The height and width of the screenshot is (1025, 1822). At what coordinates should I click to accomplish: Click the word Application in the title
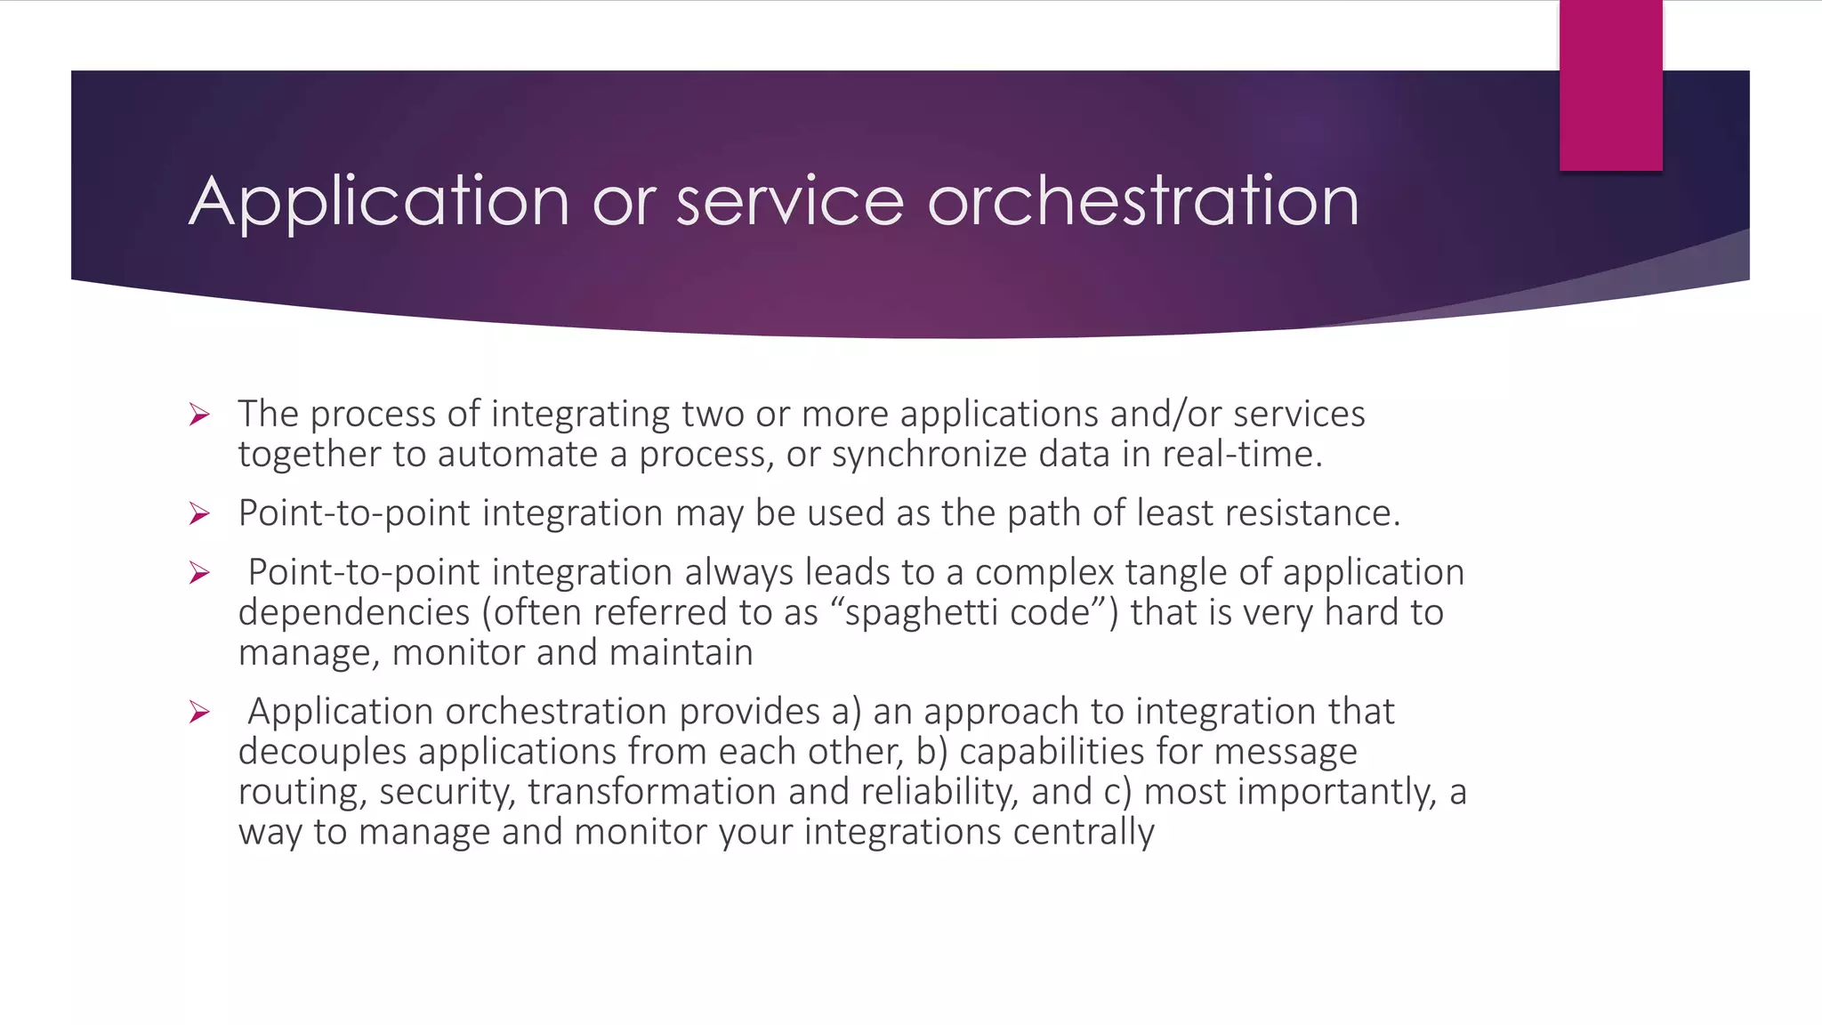[x=379, y=203]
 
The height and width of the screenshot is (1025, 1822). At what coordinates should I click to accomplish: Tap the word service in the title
[x=789, y=201]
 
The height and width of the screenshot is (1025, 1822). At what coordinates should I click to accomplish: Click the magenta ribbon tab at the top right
[x=1610, y=85]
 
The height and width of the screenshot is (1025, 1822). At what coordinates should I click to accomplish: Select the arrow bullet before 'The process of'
[x=199, y=415]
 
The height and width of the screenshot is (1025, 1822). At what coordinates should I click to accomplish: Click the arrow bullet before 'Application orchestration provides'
[x=199, y=712]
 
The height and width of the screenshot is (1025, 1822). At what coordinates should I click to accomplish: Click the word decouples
[x=322, y=753]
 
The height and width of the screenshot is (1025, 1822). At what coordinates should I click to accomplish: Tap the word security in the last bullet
[x=447, y=793]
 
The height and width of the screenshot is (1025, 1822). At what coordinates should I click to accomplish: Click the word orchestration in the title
[x=1142, y=201]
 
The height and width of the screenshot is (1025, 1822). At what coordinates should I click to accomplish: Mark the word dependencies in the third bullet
[x=354, y=613]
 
